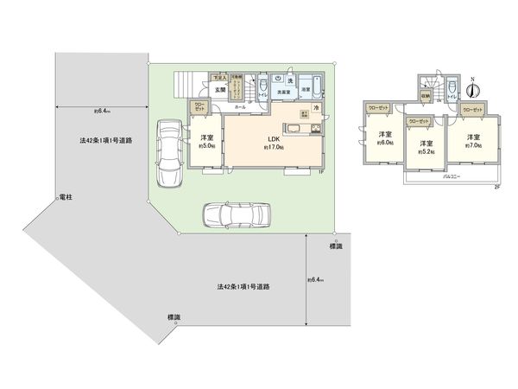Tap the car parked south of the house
[x=236, y=214]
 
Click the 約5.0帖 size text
[x=207, y=146]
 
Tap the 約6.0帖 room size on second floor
[x=384, y=142]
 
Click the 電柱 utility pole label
[x=65, y=198]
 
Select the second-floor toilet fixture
[x=452, y=97]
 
